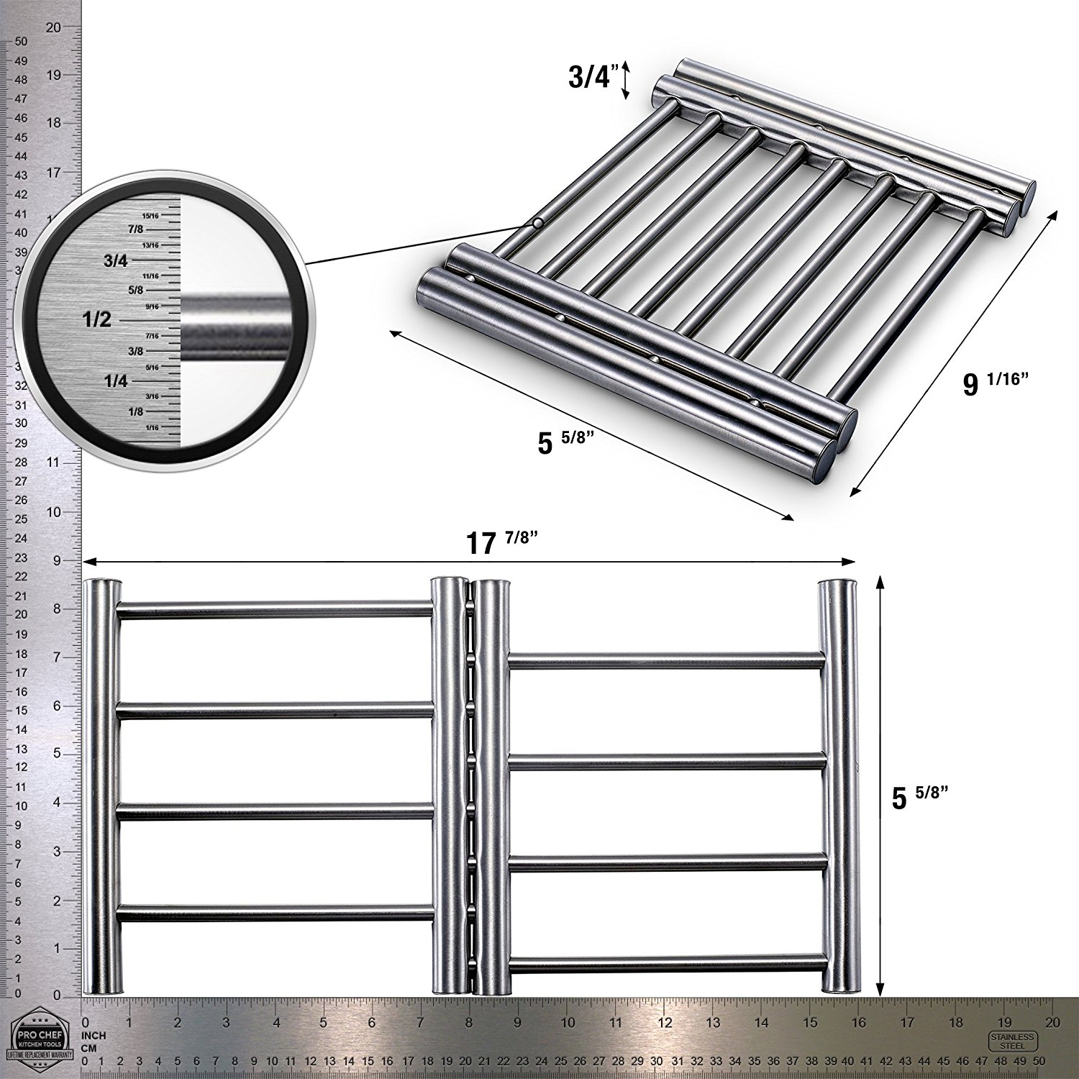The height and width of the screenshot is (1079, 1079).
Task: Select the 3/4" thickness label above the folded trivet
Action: click(591, 78)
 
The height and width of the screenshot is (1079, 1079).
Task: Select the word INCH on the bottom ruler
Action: click(94, 1036)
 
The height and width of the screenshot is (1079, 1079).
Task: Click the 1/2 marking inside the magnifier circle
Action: click(97, 319)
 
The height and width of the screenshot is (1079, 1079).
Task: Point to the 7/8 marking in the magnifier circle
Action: click(135, 229)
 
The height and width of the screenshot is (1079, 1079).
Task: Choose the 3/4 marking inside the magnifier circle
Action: click(115, 260)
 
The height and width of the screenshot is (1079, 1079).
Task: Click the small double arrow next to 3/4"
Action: click(626, 79)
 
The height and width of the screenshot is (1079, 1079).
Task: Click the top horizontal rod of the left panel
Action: click(275, 611)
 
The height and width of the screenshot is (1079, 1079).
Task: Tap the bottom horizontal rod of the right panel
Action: click(666, 962)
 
